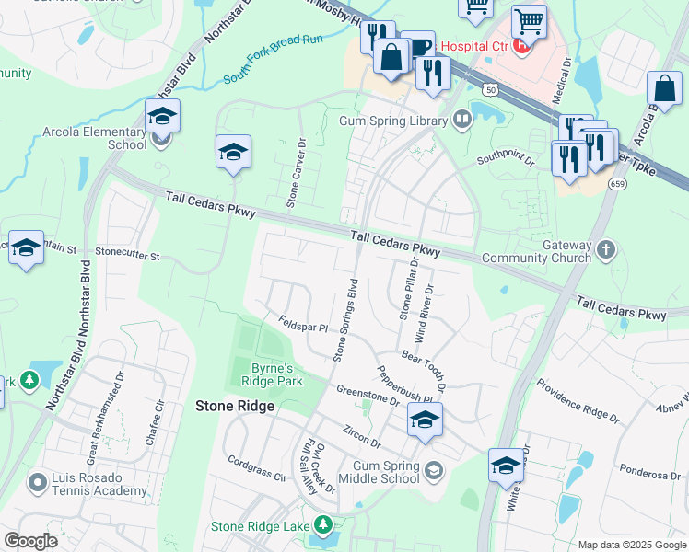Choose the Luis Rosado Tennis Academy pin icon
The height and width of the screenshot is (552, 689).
click(x=37, y=481)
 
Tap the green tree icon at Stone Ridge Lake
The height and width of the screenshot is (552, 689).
click(x=322, y=525)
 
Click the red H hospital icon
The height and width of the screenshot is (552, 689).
click(x=523, y=44)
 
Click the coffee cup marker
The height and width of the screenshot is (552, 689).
click(x=418, y=47)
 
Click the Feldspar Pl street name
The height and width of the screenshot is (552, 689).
click(x=304, y=324)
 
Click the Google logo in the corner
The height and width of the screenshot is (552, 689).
click(x=30, y=541)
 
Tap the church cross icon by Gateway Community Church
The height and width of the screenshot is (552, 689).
click(x=605, y=249)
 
